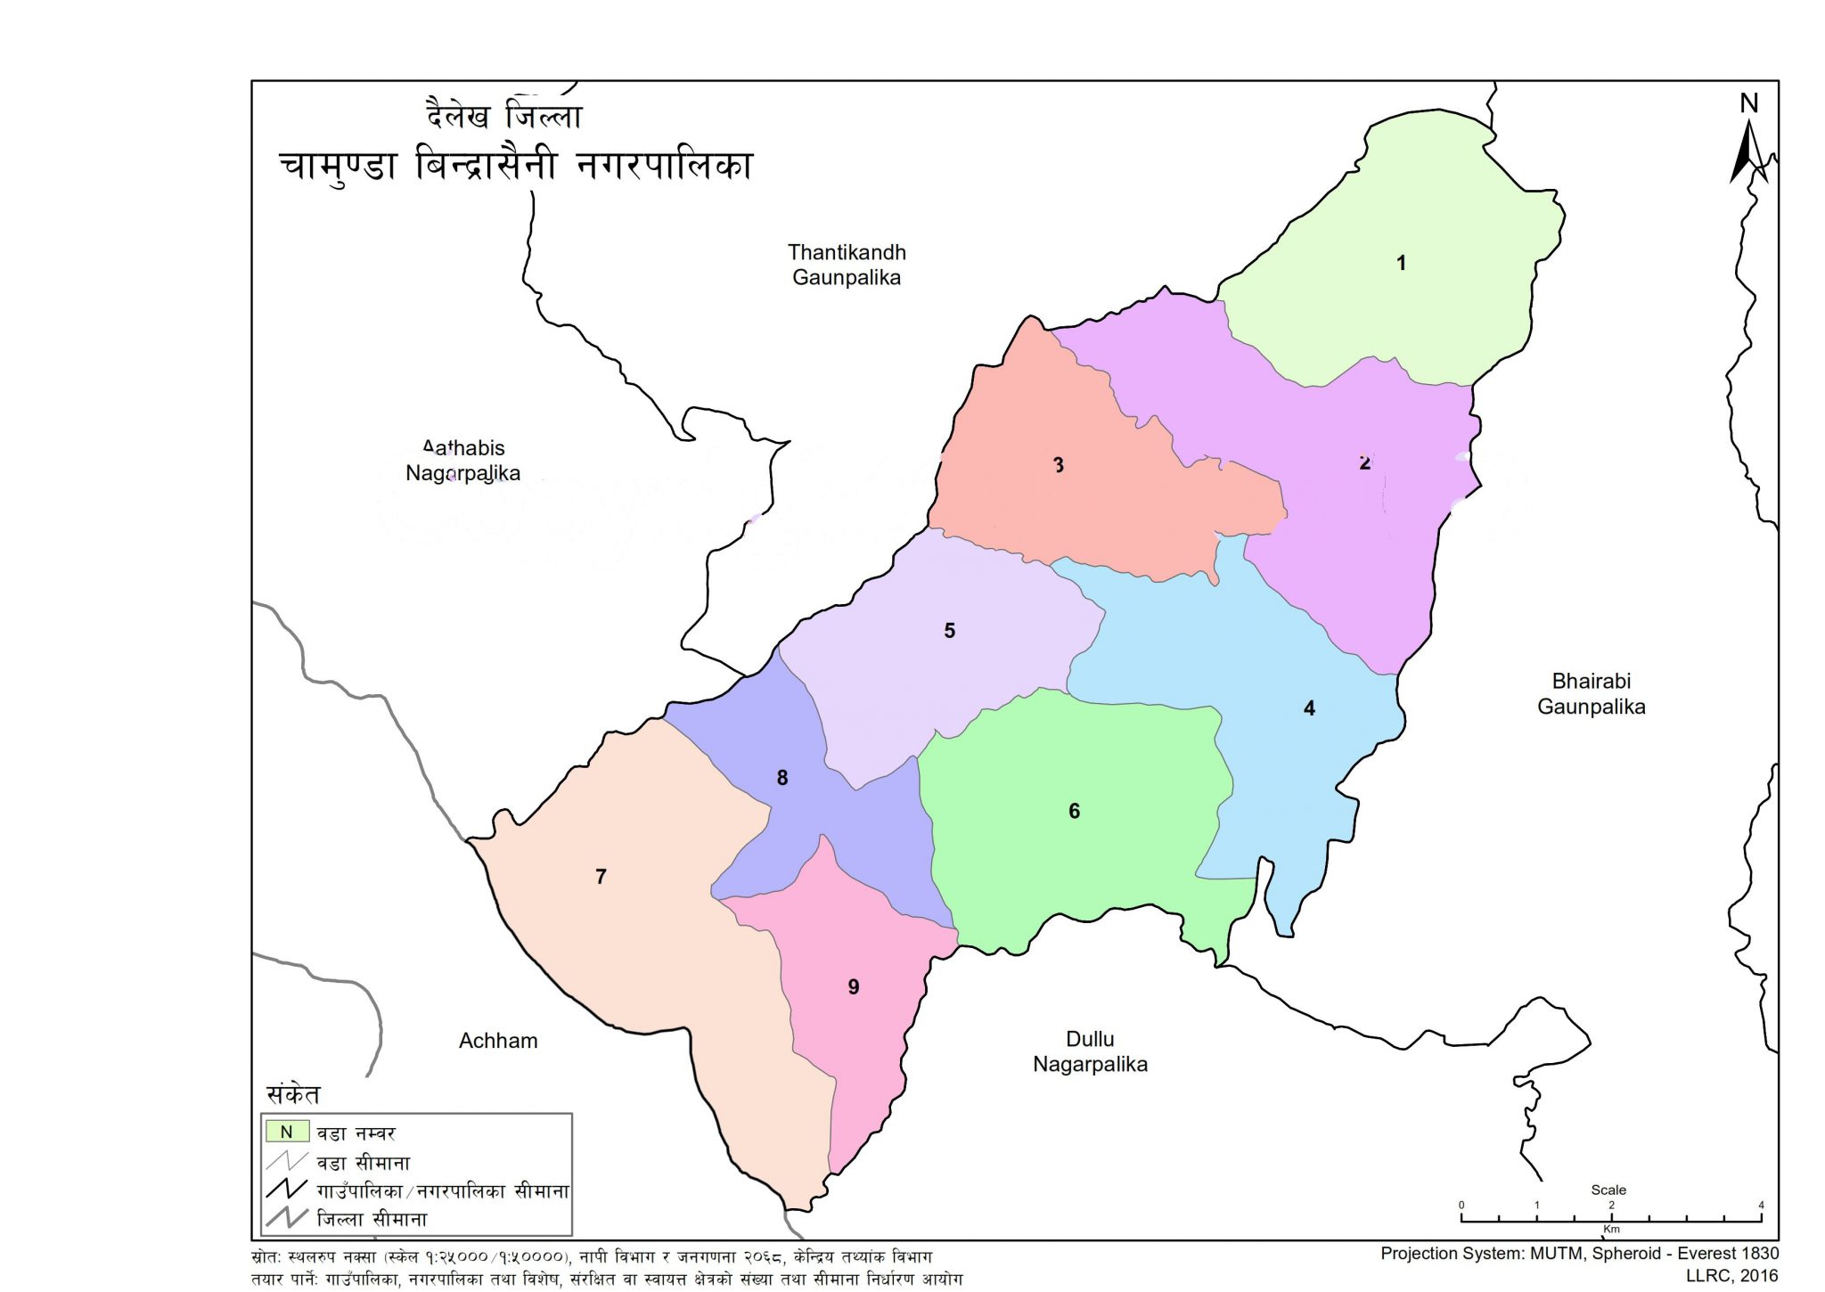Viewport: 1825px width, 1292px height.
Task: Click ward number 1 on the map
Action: tap(1401, 263)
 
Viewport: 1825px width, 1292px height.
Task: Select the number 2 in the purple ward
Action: tap(1364, 462)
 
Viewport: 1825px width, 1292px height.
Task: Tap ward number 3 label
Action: tap(1058, 465)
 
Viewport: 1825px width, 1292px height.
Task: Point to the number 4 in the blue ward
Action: tap(1308, 708)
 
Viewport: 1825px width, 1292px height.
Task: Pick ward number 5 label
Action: tap(949, 631)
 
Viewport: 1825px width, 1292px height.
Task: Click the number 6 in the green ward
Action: tap(1074, 811)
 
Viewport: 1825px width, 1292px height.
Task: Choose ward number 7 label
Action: tap(601, 877)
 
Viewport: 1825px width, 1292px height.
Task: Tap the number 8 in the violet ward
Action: tap(782, 778)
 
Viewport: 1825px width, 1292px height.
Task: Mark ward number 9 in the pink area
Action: tap(853, 987)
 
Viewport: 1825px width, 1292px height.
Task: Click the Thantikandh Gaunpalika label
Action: tap(846, 265)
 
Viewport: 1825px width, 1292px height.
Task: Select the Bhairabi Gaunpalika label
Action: tap(1591, 693)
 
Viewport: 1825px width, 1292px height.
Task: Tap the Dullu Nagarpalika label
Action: tap(1090, 1051)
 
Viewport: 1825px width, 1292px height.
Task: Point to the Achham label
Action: tap(498, 1041)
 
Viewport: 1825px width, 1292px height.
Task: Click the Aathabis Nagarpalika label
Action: tap(462, 461)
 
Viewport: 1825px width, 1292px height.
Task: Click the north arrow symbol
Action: tap(1748, 147)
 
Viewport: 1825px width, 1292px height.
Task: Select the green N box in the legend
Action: tap(286, 1132)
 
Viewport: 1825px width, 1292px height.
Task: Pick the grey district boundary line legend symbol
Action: tap(286, 1217)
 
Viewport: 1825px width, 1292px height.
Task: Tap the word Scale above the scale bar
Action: tap(1608, 1190)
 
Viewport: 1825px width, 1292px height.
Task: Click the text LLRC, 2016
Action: tap(1731, 1276)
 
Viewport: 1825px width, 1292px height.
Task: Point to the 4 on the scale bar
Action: tap(1761, 1206)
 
